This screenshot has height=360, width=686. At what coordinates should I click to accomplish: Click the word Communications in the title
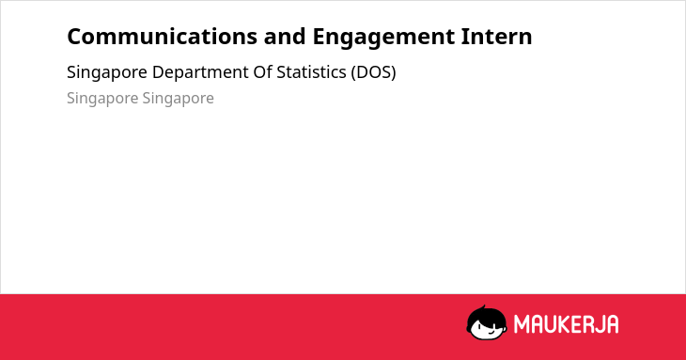point(162,37)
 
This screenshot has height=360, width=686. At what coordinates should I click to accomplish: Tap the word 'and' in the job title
point(285,37)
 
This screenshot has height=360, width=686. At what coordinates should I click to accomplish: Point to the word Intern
point(496,37)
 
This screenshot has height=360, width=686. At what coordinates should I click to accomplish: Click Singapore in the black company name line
point(107,73)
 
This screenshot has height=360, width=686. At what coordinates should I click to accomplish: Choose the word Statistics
point(311,72)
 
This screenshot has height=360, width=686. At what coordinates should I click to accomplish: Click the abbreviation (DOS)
point(373,72)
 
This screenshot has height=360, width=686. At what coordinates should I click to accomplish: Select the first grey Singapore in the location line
point(102,99)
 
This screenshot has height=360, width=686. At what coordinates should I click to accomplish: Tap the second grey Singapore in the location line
point(178,99)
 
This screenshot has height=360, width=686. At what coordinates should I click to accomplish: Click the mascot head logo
point(487,322)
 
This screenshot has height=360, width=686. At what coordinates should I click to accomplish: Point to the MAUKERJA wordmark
point(566,324)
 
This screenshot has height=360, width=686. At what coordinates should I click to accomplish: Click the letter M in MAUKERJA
point(521,324)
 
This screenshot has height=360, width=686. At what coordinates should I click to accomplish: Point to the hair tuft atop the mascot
point(483,307)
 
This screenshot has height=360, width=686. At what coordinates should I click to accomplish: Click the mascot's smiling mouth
point(490,332)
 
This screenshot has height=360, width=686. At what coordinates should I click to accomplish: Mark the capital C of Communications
point(75,37)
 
